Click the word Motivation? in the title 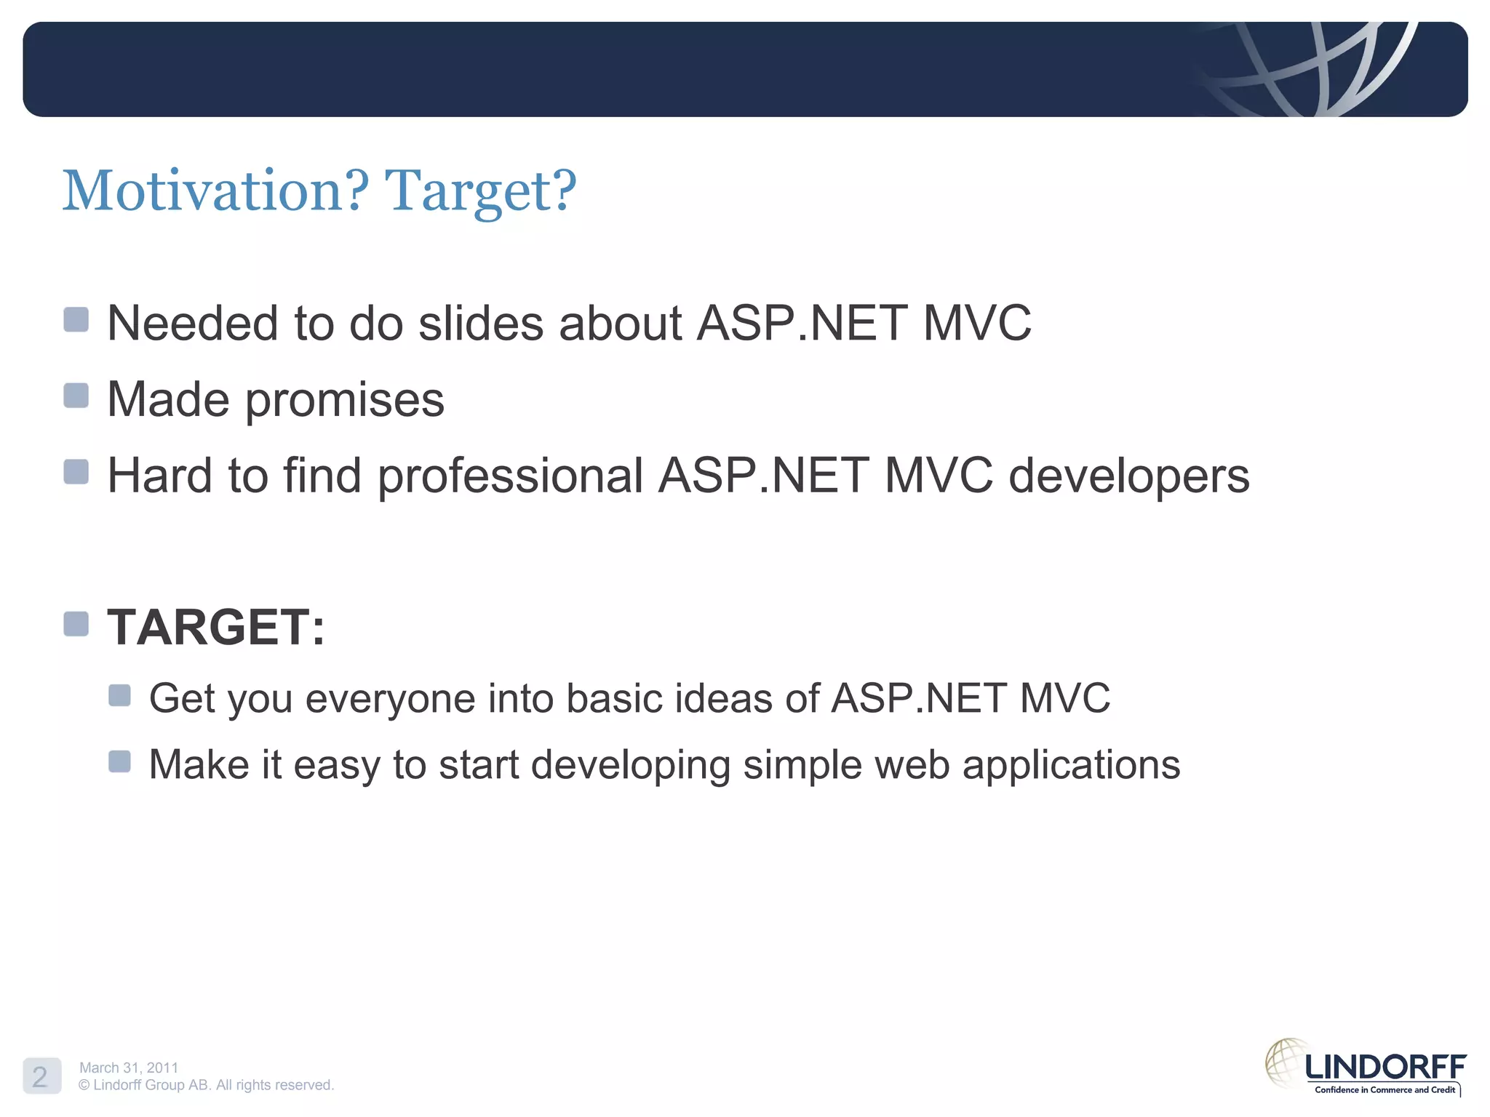(215, 191)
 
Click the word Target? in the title (480, 191)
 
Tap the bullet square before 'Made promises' (76, 396)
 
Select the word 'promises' (345, 400)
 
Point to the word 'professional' (510, 476)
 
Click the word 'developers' (1128, 476)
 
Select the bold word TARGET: (216, 627)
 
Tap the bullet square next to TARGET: (76, 623)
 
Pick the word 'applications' (1071, 765)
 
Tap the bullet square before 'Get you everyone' (119, 695)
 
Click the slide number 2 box (41, 1076)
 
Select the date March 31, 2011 (129, 1068)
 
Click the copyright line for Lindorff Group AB (206, 1085)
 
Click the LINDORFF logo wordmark (1385, 1067)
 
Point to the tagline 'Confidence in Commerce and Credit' (1385, 1089)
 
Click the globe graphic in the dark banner (1310, 69)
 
